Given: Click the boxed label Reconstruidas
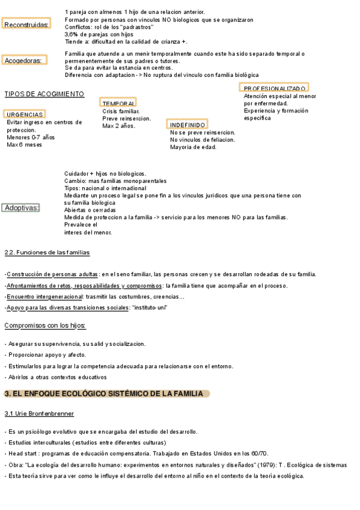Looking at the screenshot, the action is click(25, 25).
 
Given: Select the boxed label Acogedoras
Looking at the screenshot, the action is click(24, 61).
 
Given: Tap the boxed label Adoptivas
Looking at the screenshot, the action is click(21, 208).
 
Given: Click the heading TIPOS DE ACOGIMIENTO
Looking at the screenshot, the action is click(44, 94).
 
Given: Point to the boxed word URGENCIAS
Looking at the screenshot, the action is click(25, 114).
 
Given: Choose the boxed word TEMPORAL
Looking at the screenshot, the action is click(118, 103).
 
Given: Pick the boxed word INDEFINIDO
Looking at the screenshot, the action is click(188, 125).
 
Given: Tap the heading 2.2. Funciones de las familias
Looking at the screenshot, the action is click(47, 252).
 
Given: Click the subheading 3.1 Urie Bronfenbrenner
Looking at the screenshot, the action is click(39, 414).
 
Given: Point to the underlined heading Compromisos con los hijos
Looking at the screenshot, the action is click(45, 326).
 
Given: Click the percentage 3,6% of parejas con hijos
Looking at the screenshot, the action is click(73, 35).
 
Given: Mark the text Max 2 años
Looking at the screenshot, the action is click(119, 126).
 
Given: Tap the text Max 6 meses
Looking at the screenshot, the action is click(24, 145).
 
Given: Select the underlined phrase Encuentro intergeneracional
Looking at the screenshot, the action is click(44, 297).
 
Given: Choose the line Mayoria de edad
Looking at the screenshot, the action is click(193, 147).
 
